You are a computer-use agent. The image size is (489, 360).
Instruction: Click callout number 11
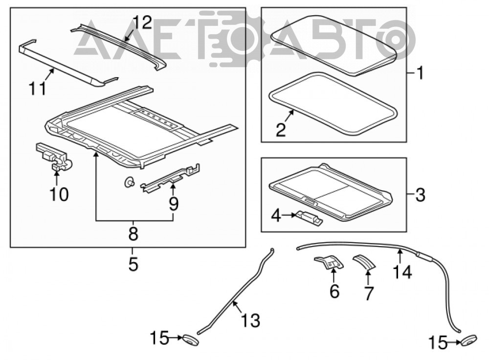[38, 88]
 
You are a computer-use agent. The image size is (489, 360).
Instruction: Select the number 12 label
[142, 22]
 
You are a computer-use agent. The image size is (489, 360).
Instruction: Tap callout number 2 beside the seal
[281, 130]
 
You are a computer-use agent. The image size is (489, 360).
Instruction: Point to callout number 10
[59, 194]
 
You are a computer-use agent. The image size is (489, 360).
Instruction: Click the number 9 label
[174, 204]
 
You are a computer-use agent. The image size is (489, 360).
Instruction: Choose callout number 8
[133, 234]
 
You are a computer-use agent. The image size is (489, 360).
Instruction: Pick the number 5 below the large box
[133, 265]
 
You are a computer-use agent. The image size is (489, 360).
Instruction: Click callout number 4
[276, 216]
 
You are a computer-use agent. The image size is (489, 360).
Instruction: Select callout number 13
[251, 321]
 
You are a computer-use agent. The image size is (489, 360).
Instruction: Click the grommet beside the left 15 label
[190, 339]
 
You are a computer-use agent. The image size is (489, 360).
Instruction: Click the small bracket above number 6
[330, 262]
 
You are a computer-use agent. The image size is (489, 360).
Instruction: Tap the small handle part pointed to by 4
[310, 217]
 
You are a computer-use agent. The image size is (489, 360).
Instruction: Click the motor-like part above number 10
[54, 157]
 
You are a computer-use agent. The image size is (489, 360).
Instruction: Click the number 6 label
[334, 292]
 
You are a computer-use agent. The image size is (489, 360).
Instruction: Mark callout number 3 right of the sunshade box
[420, 195]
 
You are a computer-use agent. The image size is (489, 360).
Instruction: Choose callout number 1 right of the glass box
[421, 73]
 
